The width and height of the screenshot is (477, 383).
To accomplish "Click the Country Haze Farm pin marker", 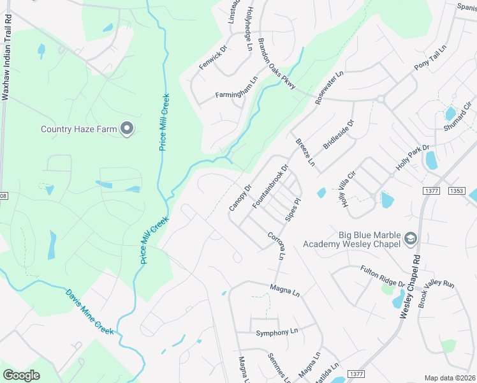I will [x=127, y=129].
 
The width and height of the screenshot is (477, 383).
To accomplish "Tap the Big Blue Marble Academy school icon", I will [x=410, y=239].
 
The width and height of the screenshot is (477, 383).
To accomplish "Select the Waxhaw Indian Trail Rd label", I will [x=7, y=56].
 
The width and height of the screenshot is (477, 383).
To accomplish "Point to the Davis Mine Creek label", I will [x=89, y=312].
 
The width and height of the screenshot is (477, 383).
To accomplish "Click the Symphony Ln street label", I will [x=277, y=333].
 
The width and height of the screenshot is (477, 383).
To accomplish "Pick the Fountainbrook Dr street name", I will [x=271, y=186].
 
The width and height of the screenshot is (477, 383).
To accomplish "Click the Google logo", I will [x=21, y=375].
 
